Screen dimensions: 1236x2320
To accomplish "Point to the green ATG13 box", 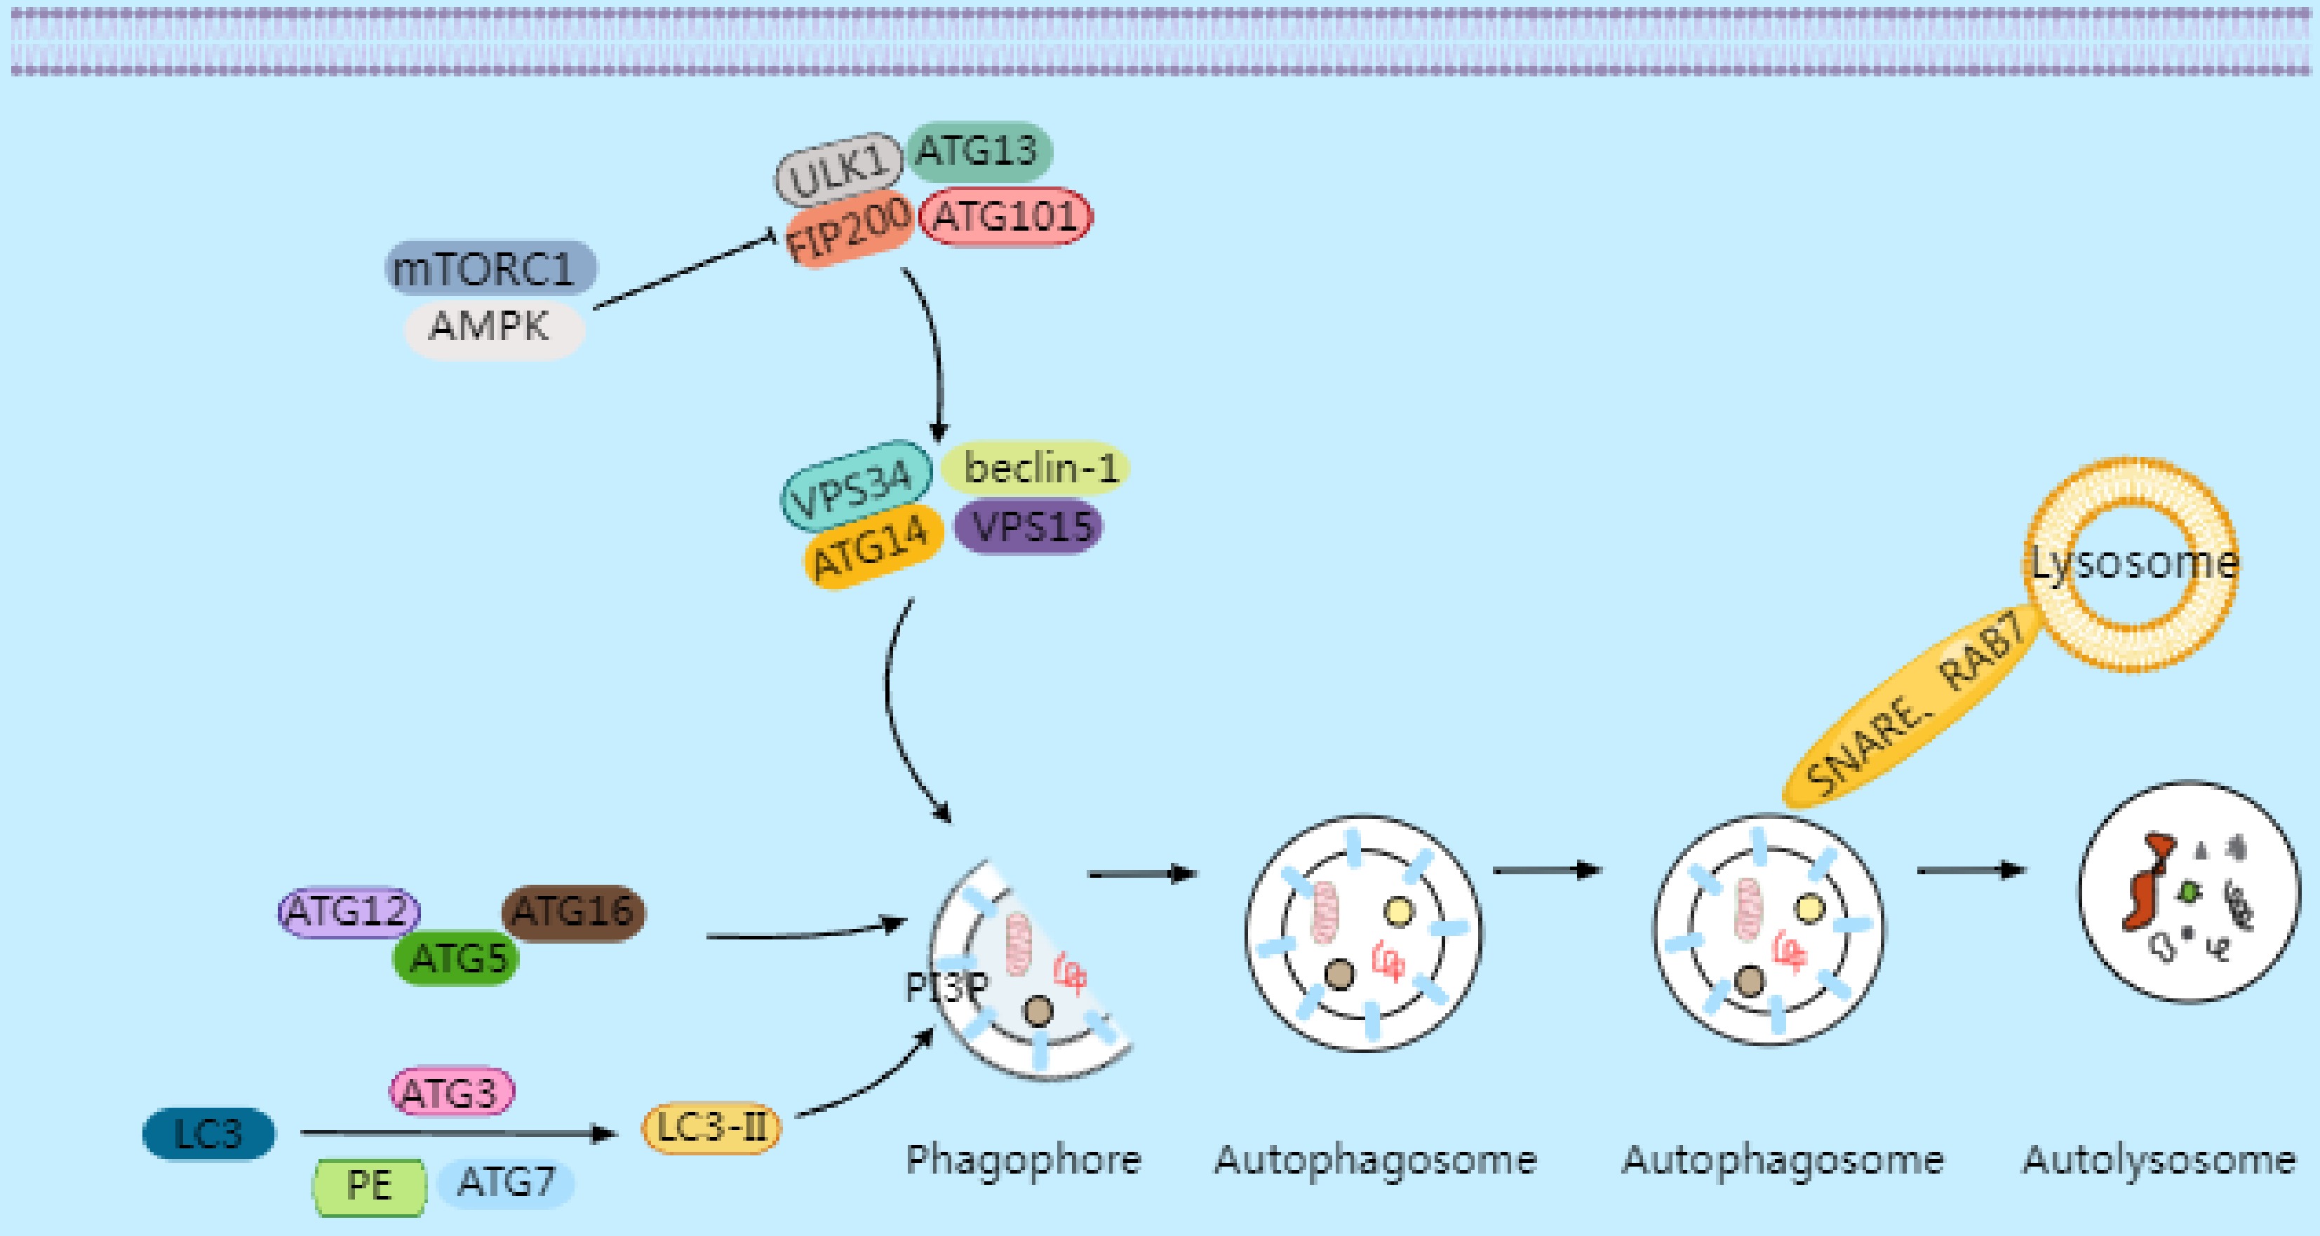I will pos(978,150).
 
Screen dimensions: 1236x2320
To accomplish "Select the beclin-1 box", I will pos(1035,467).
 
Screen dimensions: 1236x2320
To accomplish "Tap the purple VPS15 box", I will pos(1028,527).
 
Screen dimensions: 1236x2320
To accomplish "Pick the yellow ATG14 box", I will pos(873,546).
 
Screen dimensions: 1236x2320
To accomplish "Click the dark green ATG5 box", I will pos(457,958).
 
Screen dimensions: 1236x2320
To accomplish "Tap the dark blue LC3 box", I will pos(209,1134).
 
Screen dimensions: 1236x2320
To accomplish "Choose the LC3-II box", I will pos(711,1128).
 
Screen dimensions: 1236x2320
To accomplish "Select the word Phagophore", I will pos(1023,1160).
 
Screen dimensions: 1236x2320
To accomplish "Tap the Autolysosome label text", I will pos(2159,1160).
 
